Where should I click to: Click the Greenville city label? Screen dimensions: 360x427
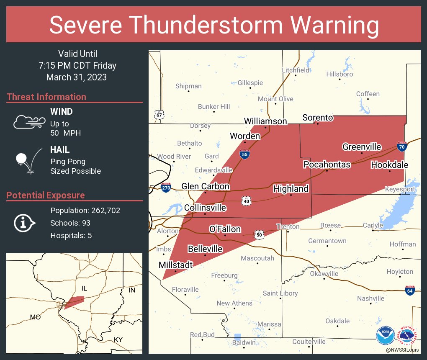click(x=362, y=147)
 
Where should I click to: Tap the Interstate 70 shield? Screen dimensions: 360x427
click(x=401, y=147)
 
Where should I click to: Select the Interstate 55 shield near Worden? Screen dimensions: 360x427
click(x=245, y=154)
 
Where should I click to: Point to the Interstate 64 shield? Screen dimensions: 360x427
click(x=410, y=291)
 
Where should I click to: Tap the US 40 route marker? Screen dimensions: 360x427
click(x=246, y=201)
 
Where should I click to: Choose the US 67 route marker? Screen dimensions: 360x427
click(x=159, y=115)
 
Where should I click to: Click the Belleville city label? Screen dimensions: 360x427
click(x=205, y=249)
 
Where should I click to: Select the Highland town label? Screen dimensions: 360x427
click(x=291, y=189)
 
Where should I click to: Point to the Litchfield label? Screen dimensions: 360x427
click(x=296, y=70)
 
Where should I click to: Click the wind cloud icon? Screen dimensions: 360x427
click(x=29, y=121)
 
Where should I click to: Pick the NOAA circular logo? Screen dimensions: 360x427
click(x=385, y=336)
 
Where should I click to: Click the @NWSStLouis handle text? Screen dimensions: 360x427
click(x=403, y=350)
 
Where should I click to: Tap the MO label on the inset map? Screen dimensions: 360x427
click(x=36, y=317)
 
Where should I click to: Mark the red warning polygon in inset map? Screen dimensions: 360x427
click(x=75, y=301)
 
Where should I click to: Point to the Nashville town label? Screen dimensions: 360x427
click(x=370, y=298)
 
